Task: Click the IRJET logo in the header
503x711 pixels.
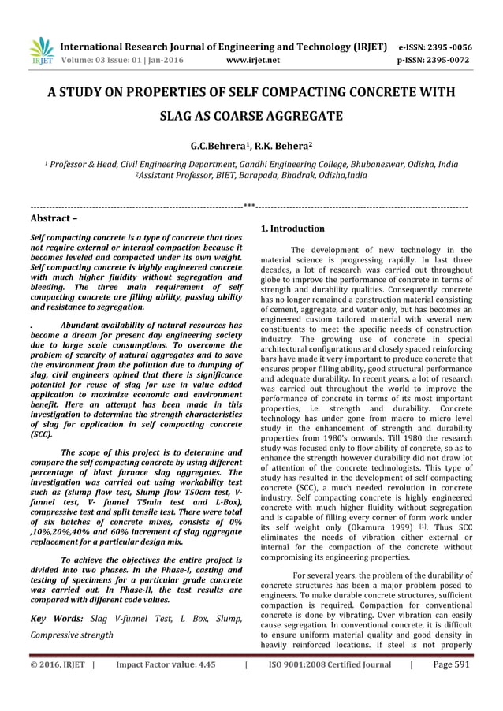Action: [x=41, y=50]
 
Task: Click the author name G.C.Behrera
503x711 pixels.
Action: [x=217, y=147]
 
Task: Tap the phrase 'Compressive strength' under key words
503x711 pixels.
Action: [x=71, y=635]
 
